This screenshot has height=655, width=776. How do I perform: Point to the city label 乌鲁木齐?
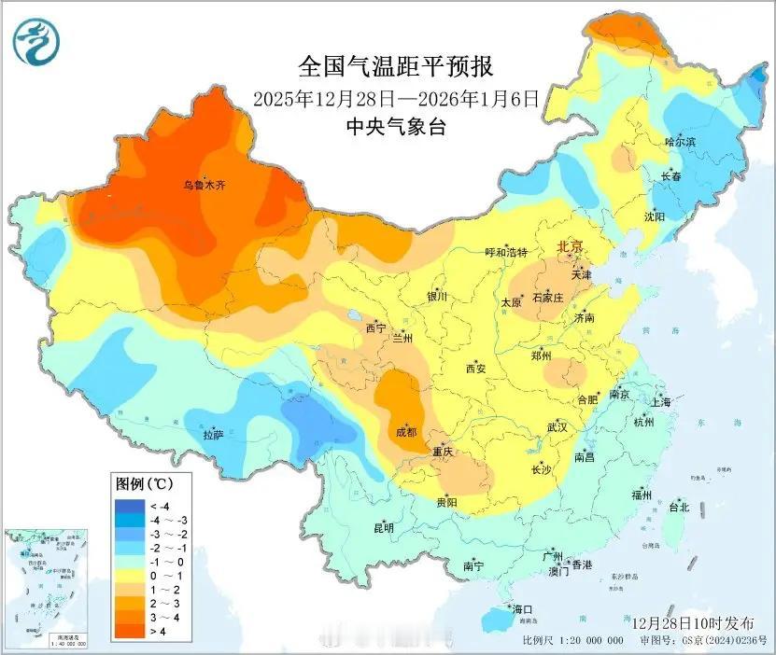(204, 186)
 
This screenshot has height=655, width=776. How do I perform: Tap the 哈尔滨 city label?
(681, 142)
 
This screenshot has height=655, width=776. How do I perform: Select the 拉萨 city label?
(213, 435)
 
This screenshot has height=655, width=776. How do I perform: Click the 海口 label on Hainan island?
(523, 609)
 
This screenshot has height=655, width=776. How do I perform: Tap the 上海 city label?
(661, 402)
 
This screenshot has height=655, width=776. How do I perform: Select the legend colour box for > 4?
(126, 632)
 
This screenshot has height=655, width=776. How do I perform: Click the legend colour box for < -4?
(126, 505)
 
